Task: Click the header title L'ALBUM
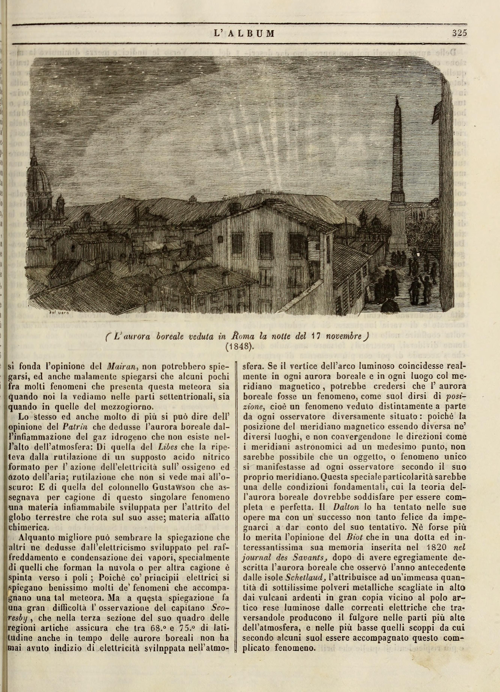pyautogui.click(x=244, y=33)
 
